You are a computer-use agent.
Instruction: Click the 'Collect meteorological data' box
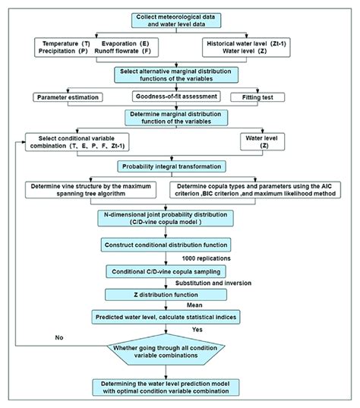(x=181, y=21)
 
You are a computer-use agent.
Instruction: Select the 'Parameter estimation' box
(x=69, y=97)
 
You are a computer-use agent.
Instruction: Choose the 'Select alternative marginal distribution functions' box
(x=180, y=74)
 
